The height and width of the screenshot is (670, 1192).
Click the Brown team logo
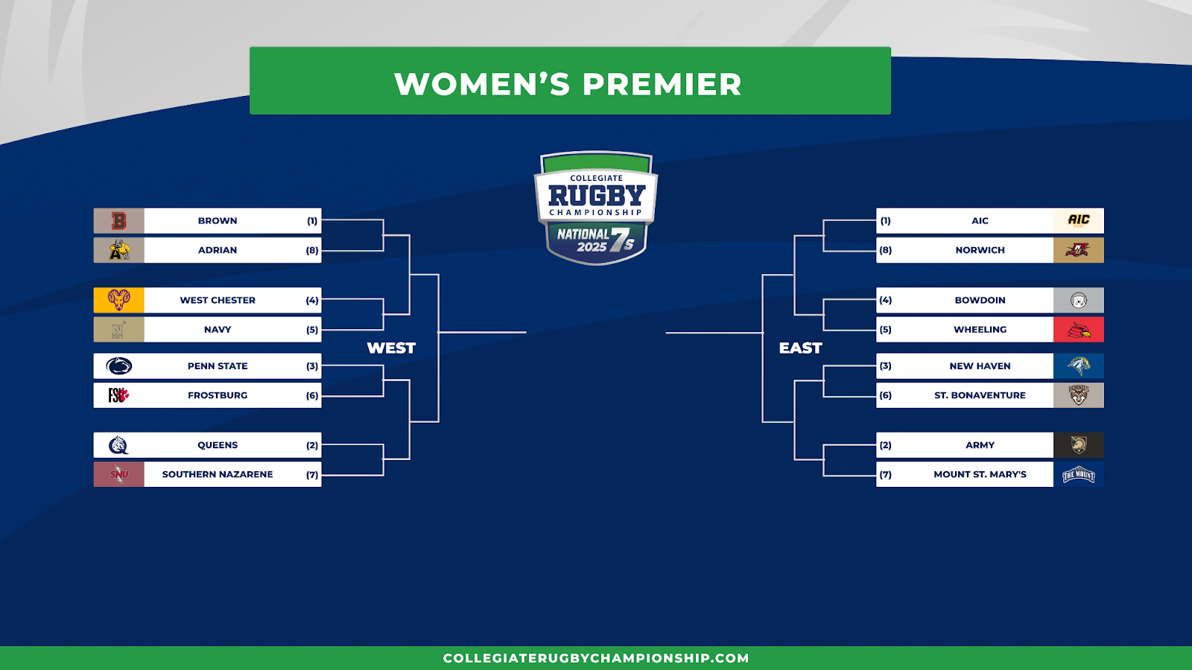118,220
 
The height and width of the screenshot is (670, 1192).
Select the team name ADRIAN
218,250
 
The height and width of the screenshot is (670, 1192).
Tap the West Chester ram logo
118,300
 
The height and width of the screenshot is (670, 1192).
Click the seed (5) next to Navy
312,330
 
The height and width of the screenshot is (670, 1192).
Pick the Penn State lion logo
118,366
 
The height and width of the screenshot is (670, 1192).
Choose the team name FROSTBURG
218,395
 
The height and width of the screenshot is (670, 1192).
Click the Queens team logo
118,445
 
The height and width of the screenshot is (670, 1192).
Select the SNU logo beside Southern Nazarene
118,474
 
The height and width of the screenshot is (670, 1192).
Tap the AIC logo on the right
1079,220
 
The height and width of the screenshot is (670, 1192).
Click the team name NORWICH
980,250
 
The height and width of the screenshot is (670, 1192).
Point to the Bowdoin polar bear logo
1079,301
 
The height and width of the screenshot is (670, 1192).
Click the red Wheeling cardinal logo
1079,330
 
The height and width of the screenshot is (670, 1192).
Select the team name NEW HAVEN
980,366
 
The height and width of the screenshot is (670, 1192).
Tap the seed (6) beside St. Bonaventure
886,395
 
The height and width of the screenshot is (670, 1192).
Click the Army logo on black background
1079,445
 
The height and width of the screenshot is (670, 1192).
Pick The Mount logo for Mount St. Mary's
1079,474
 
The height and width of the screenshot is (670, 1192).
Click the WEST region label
391,348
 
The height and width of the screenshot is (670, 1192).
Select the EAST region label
800,348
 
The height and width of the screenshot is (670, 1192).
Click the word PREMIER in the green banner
662,83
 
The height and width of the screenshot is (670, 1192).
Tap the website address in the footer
596,658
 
